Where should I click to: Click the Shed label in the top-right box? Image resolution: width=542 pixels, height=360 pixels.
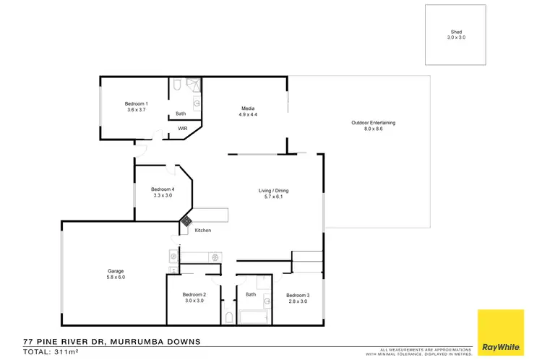[456, 33]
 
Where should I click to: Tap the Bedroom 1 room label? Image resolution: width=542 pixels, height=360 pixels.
[137, 104]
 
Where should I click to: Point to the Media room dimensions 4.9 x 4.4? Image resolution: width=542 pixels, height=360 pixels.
[249, 114]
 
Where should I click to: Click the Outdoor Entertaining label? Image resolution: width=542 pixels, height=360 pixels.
[373, 123]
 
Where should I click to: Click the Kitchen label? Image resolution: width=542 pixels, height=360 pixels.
[203, 230]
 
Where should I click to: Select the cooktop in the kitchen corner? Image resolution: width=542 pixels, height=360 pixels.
[186, 220]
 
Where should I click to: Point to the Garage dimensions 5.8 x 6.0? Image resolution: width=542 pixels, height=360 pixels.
[116, 277]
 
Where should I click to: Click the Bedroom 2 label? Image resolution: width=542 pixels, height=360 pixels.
[194, 294]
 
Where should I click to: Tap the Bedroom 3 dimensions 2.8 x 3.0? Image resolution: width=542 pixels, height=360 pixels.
[297, 301]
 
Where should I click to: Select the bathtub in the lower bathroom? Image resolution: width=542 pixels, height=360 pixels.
[254, 317]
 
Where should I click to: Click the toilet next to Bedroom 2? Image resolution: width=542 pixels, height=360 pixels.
[229, 317]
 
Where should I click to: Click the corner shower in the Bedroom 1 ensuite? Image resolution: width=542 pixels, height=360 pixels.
[194, 85]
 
